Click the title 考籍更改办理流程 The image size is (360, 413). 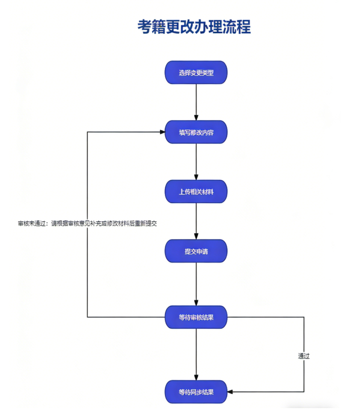(194, 27)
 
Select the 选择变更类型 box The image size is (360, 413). (196, 73)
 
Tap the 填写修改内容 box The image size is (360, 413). (196, 132)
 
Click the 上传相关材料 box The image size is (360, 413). (196, 192)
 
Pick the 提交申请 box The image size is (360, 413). (196, 251)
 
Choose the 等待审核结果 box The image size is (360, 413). (196, 317)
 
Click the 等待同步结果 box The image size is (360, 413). (196, 392)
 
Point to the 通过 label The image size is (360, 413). (304, 356)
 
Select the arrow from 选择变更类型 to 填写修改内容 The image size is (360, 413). (196, 101)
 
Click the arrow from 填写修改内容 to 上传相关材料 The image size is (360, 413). (196, 162)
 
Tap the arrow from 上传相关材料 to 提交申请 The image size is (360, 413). (196, 221)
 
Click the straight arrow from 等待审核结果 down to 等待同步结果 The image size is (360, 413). (196, 354)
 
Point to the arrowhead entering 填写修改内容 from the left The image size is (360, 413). (162, 132)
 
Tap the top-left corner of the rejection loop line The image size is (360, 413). (87, 132)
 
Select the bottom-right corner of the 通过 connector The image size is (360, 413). (304, 392)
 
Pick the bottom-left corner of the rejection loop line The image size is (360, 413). (87, 317)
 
